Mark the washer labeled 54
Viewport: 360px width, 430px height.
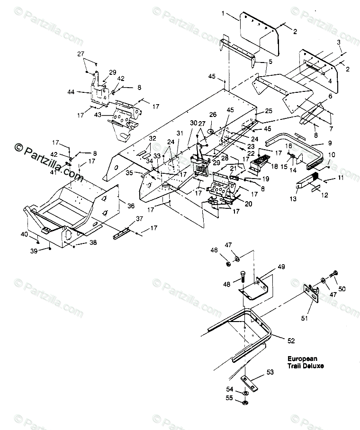[243, 394]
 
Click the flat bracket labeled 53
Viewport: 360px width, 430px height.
[248, 381]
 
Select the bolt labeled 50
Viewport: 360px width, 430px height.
[335, 275]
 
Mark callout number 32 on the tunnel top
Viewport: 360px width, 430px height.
[152, 138]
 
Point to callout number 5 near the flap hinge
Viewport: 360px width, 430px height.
[270, 62]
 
